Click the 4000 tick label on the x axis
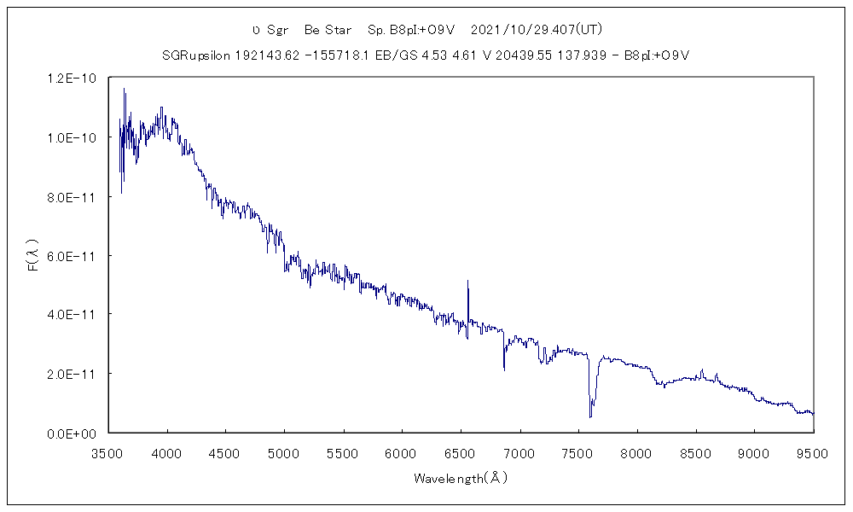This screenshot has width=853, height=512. click(167, 451)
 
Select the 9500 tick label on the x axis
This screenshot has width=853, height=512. click(813, 451)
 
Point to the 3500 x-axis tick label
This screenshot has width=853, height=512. click(108, 451)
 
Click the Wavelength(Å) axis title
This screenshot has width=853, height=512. click(461, 478)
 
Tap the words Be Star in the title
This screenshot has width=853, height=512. click(328, 30)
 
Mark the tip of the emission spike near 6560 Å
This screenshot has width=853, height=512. click(467, 281)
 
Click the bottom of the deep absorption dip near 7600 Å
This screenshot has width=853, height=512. click(590, 416)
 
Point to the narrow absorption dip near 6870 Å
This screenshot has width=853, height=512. click(504, 369)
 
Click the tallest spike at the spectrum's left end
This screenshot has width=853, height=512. click(125, 89)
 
